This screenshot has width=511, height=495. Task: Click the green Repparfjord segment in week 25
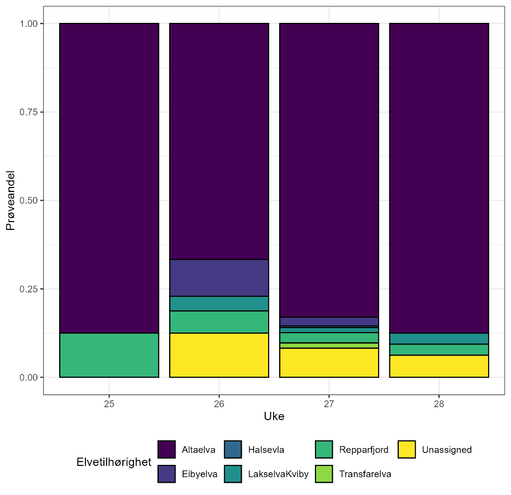(109, 355)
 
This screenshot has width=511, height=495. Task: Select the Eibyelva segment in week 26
(219, 278)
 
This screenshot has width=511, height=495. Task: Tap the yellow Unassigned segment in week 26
(219, 355)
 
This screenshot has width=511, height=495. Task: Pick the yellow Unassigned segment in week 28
(439, 366)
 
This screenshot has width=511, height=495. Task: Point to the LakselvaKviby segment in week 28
(439, 339)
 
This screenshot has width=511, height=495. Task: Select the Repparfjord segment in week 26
(219, 322)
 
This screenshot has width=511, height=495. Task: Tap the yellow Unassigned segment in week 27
(329, 363)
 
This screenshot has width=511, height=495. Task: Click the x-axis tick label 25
(109, 403)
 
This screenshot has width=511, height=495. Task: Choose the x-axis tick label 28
(439, 403)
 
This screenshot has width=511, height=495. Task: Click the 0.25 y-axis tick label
(28, 289)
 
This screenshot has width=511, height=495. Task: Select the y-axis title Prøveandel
(11, 201)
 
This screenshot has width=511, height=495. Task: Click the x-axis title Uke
(274, 417)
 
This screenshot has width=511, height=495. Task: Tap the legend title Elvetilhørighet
(114, 462)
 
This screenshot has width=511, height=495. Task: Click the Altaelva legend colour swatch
(166, 449)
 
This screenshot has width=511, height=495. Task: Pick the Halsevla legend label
(266, 450)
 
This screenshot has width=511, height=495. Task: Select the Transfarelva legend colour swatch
(324, 474)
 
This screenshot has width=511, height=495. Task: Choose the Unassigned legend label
(447, 450)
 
